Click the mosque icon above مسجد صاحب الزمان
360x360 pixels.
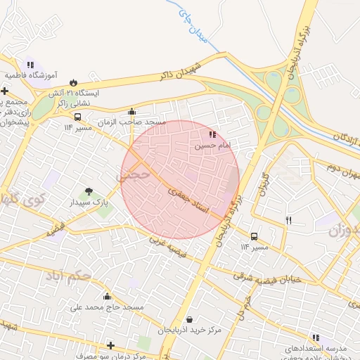click(x=131, y=111)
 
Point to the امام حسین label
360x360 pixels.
click(x=212, y=146)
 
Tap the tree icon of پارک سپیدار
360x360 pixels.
click(x=89, y=191)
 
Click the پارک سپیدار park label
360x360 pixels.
click(x=89, y=202)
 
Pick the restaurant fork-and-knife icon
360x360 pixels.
click(x=288, y=221)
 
